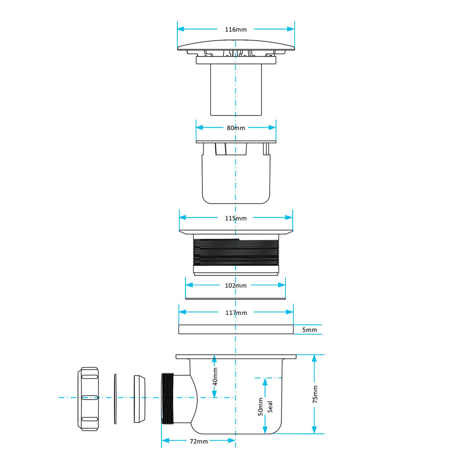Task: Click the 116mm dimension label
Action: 236,29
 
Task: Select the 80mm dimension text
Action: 236,128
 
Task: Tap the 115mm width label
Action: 236,218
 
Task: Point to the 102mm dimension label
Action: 236,285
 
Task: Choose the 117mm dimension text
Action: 236,313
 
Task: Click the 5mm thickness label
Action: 309,330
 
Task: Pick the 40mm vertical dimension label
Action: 215,377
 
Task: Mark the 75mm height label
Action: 315,394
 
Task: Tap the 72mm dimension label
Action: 198,441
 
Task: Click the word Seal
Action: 270,407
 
